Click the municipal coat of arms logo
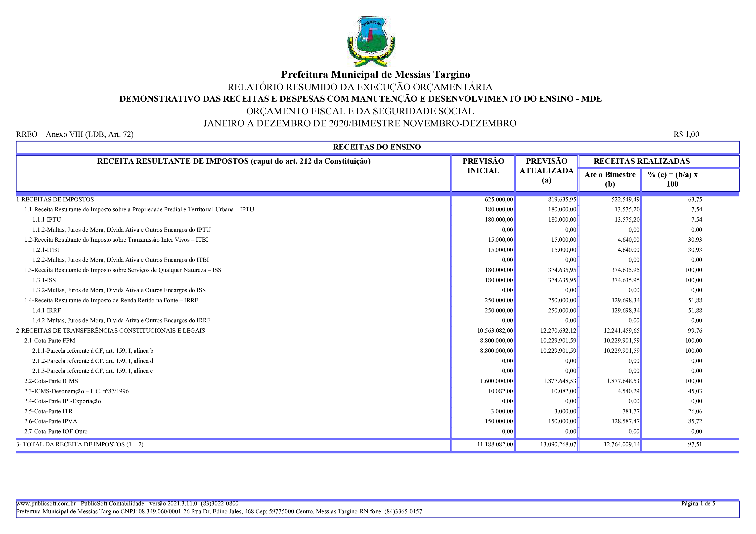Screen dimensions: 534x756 coord(371,41)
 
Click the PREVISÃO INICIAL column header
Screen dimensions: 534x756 coord(483,166)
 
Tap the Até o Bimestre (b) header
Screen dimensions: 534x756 coord(610,179)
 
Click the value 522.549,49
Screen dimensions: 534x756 coord(625,199)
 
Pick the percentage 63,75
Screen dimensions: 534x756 coord(695,199)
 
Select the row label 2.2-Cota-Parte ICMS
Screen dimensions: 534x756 coord(51,381)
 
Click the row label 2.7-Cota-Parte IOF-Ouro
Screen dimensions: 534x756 coord(56,431)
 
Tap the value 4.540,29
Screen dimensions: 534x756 coord(628,391)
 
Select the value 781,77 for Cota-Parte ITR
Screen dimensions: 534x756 coord(630,411)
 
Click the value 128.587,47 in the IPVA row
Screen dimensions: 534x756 coord(625,421)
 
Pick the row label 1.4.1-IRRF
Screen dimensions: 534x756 coord(46,310)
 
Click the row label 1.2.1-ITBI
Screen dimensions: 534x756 coord(46,250)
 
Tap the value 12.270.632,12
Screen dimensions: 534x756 coord(558,331)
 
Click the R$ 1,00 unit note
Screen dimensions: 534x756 coord(686,134)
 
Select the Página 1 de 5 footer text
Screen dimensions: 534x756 coord(698,503)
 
